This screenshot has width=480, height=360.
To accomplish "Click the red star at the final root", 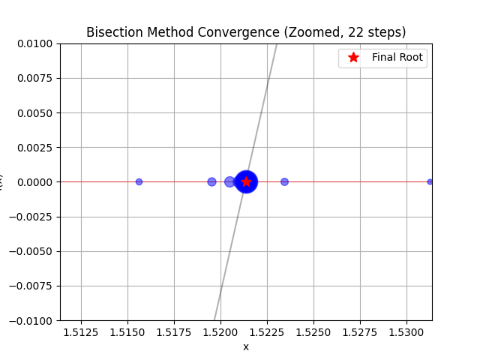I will click(246, 181).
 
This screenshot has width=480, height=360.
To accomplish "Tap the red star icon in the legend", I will click(353, 57).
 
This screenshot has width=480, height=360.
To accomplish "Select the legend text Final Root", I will click(397, 57).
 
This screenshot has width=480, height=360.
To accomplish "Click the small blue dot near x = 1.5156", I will click(139, 181).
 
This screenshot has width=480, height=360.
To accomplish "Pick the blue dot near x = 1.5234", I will click(284, 181).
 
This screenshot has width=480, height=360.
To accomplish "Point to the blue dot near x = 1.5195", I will click(211, 181).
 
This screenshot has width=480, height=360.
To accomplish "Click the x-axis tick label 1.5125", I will click(81, 331).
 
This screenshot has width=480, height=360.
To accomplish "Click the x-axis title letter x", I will click(246, 346).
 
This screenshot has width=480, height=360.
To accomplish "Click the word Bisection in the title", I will click(111, 32).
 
